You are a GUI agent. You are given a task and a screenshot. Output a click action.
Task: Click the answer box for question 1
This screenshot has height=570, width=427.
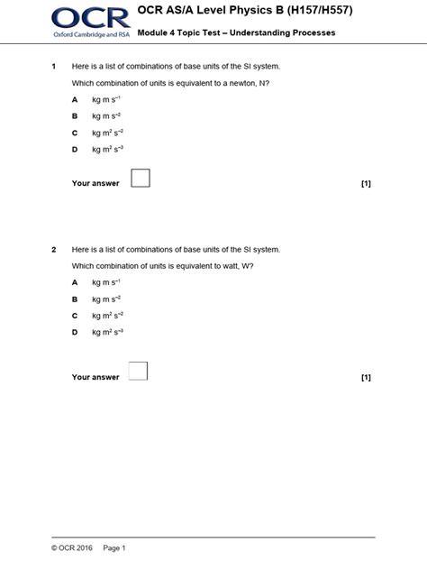140,178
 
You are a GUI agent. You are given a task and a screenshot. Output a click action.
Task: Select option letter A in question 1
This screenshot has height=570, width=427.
75,100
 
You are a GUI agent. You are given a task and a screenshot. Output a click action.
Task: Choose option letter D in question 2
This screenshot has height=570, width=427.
75,333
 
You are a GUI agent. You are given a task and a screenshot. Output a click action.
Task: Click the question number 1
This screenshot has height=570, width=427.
54,67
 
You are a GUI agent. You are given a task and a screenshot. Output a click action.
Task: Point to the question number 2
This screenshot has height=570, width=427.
54,249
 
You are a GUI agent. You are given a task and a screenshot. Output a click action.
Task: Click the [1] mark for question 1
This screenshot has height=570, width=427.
366,184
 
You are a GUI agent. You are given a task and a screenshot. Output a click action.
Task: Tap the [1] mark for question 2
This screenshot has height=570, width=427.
366,377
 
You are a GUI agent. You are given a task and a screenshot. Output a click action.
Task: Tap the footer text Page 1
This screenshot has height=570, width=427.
114,547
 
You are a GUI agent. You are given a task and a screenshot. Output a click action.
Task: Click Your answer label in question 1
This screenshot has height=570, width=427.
95,184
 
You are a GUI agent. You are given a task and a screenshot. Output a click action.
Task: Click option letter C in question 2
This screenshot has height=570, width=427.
75,316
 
